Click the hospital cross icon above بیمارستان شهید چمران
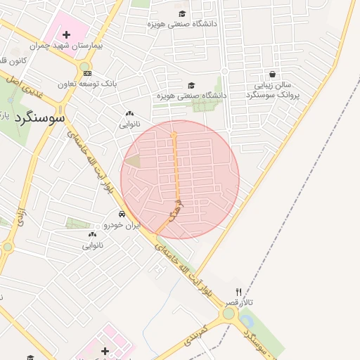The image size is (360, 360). pyautogui.click(x=66, y=34)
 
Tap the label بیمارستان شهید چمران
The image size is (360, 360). pyautogui.click(x=67, y=46)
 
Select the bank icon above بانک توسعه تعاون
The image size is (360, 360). pyautogui.click(x=86, y=73)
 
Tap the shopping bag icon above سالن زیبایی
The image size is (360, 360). pyautogui.click(x=272, y=74)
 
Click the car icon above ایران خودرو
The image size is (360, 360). pyautogui.click(x=122, y=214)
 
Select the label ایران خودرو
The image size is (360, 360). pyautogui.click(x=122, y=225)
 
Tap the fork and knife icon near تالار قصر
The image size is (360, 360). pyautogui.click(x=238, y=291)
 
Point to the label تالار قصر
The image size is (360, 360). pyautogui.click(x=240, y=302)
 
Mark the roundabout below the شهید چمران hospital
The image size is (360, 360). pyautogui.click(x=84, y=67)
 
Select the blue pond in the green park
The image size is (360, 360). pyautogui.click(x=10, y=99)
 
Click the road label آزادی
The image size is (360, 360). pyautogui.click(x=20, y=214)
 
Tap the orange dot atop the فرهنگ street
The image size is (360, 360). pyautogui.click(x=174, y=133)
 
